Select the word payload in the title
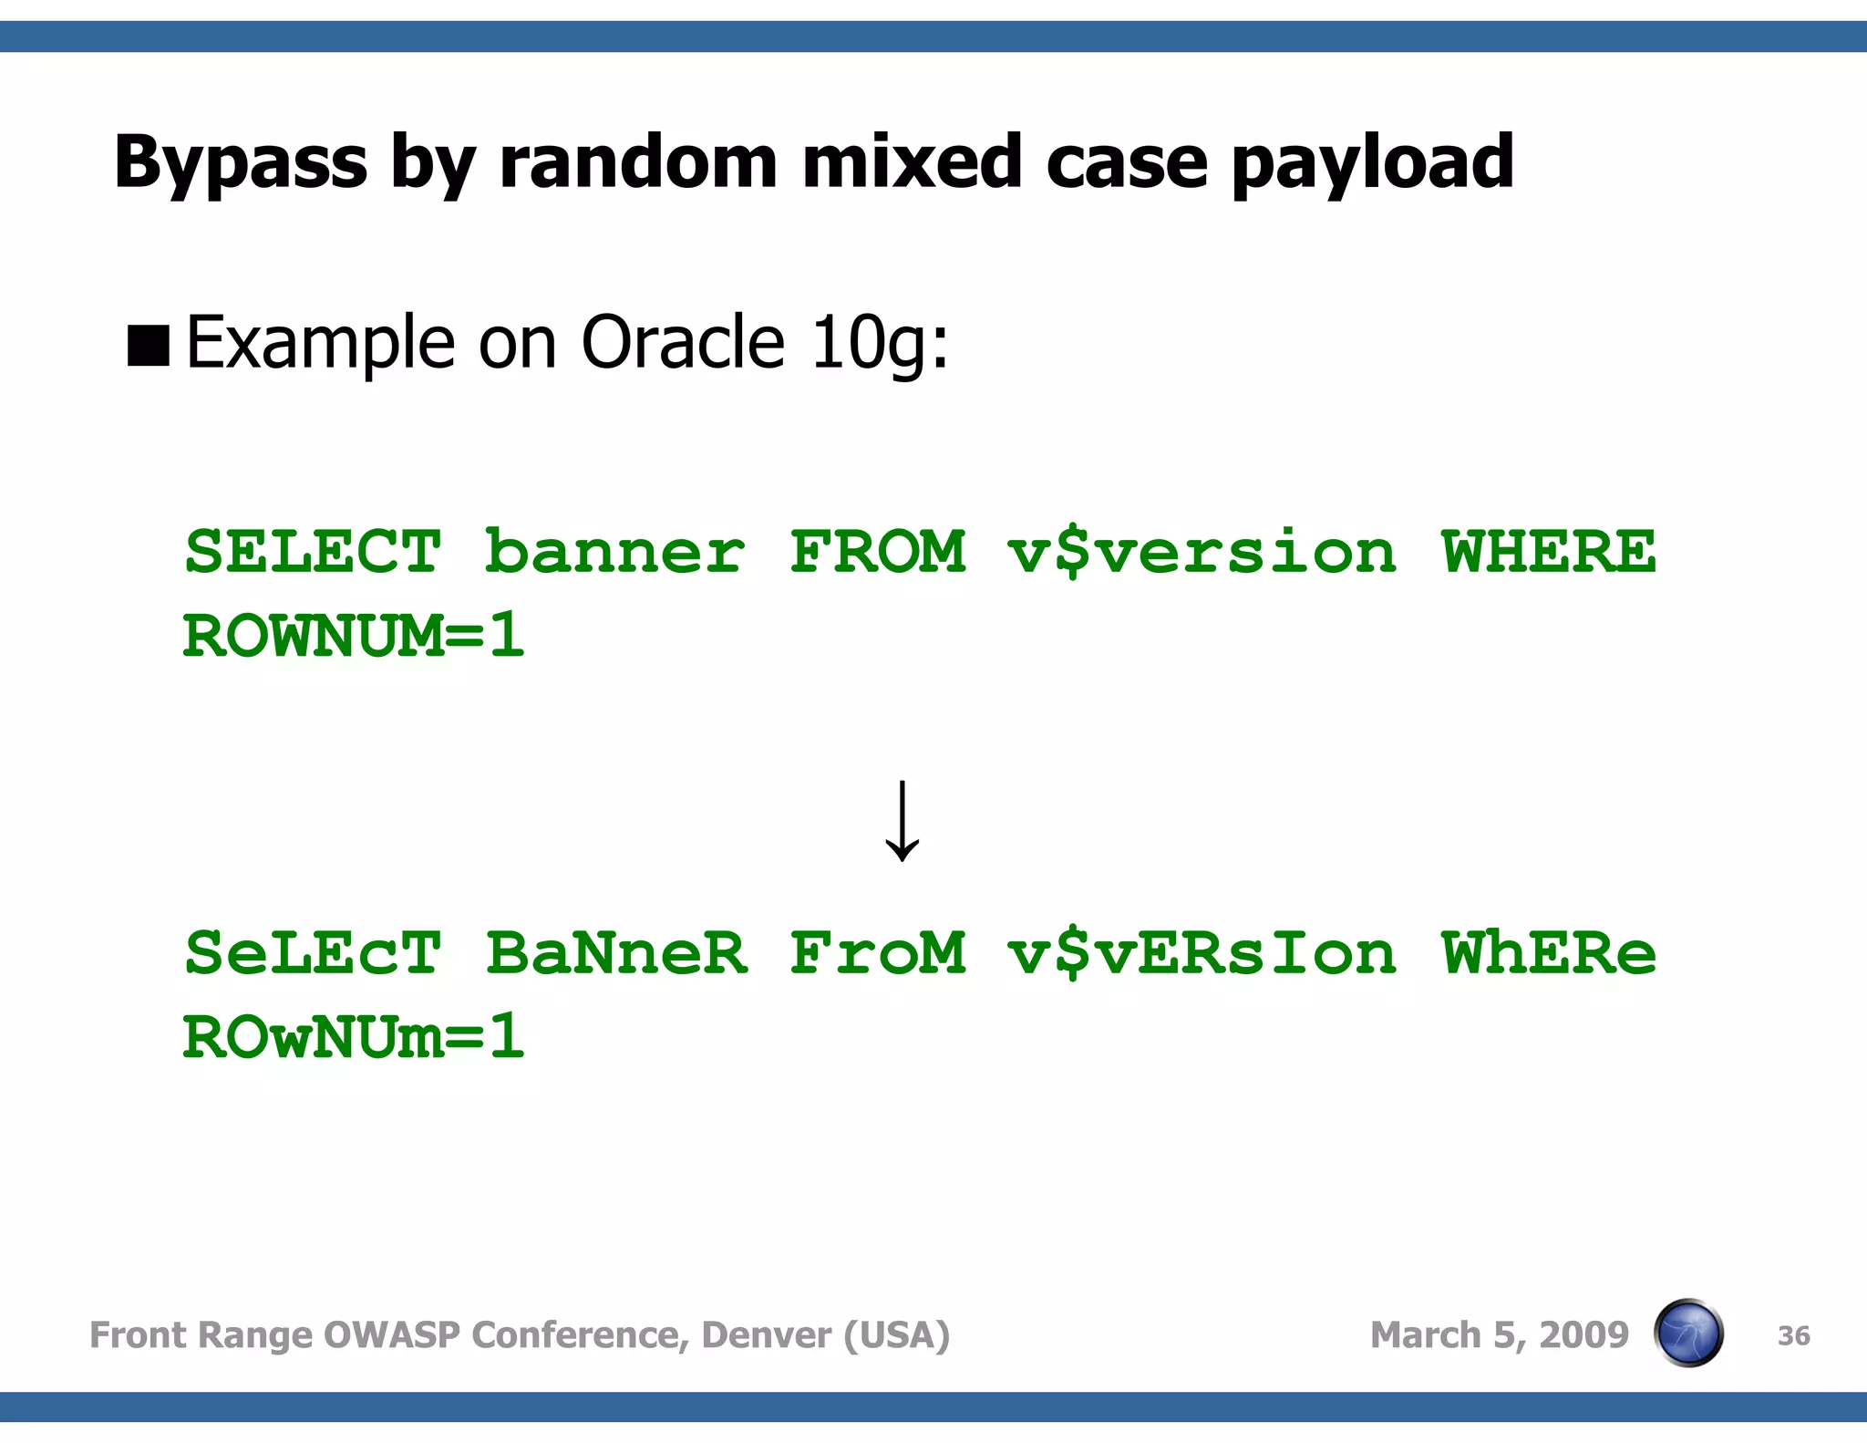1372,163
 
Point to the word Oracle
682,342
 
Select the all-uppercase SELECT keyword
313,552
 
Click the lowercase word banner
614,552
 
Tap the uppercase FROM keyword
877,552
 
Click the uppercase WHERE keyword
1548,552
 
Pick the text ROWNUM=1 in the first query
354,635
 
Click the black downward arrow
902,821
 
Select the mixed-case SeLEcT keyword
313,953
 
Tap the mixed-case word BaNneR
616,953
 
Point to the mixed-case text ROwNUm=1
354,1036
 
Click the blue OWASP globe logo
1688,1333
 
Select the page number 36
1793,1336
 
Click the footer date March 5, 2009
1499,1335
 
